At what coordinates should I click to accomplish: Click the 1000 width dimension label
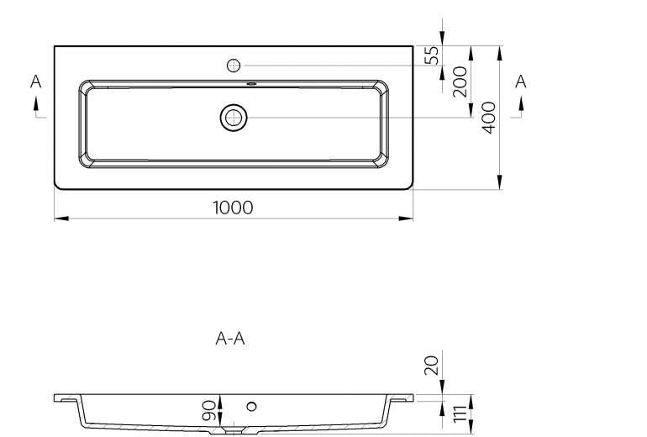tap(233, 208)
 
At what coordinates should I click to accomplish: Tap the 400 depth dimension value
tap(489, 118)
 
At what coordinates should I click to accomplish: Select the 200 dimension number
tap(460, 82)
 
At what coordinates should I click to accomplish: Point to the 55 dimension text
tap(432, 55)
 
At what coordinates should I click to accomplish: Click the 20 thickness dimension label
tap(432, 366)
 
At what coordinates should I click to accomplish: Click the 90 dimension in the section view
tap(208, 410)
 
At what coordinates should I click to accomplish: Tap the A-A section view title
tap(230, 339)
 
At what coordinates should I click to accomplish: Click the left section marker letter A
tap(36, 82)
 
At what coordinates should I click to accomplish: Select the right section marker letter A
tap(521, 82)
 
